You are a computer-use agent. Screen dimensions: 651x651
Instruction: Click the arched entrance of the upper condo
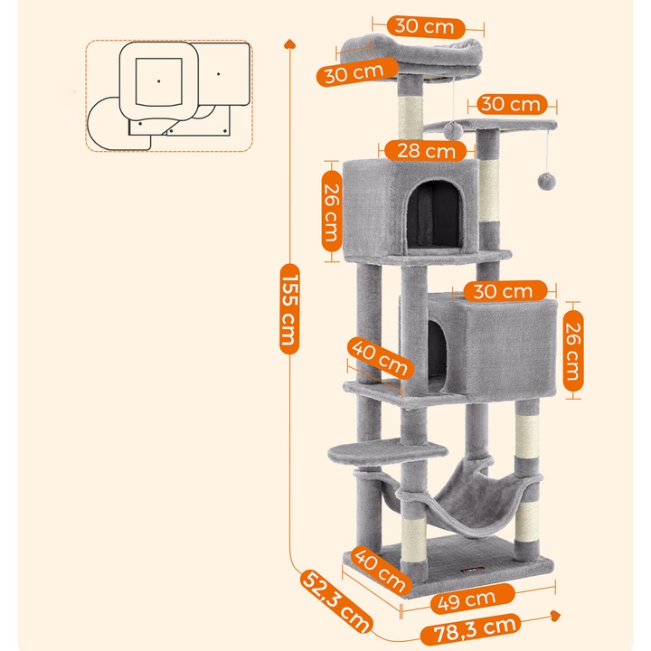[x=443, y=211]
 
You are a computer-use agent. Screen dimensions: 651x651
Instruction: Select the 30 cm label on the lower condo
[x=505, y=291]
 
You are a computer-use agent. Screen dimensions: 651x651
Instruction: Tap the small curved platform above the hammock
[x=389, y=448]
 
